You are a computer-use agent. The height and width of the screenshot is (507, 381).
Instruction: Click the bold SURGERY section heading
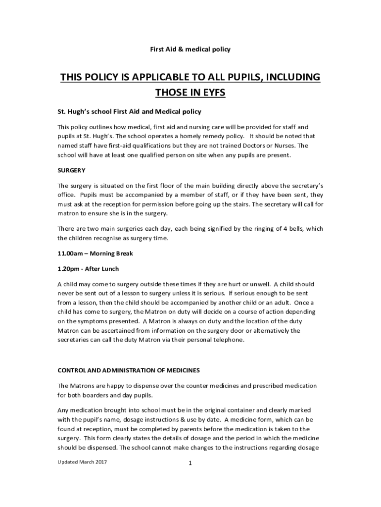click(72, 170)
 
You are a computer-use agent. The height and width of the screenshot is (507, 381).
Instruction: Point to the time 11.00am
click(72, 253)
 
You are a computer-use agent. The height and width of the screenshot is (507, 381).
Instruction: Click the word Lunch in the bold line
click(109, 269)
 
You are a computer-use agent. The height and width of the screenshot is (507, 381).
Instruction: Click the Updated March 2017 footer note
click(82, 462)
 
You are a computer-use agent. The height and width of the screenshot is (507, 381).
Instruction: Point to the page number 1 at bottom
click(190, 463)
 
